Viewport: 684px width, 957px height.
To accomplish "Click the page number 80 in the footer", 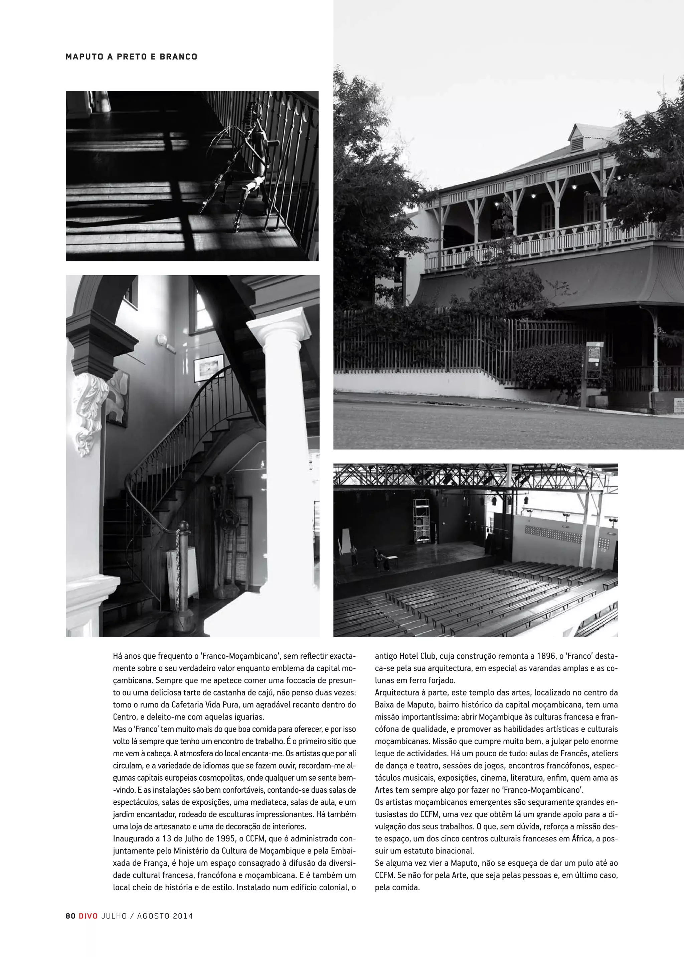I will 70,916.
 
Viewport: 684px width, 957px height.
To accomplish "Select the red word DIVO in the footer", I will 88,916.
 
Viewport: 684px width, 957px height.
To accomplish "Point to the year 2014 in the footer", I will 182,916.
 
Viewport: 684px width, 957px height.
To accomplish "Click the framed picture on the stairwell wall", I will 208,368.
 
